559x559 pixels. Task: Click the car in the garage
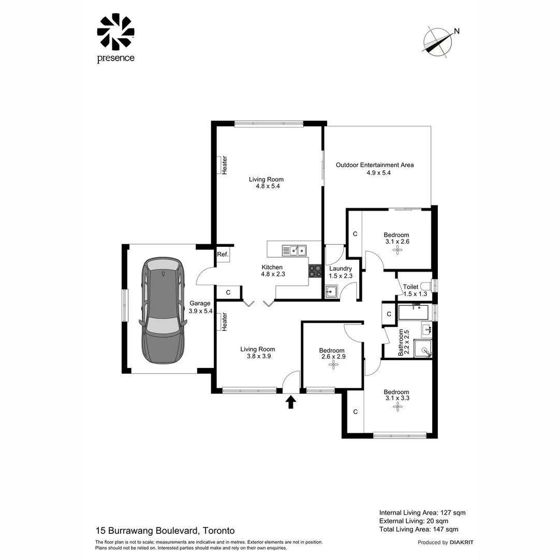pyautogui.click(x=163, y=311)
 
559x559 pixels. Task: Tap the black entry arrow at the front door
pyautogui.click(x=291, y=402)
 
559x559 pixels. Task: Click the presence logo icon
pyautogui.click(x=115, y=32)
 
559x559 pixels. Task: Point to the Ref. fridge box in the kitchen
pyautogui.click(x=223, y=254)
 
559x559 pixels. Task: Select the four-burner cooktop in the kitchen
pyautogui.click(x=315, y=271)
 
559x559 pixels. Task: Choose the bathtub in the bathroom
pyautogui.click(x=414, y=312)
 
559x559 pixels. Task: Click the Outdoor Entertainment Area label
pyautogui.click(x=375, y=165)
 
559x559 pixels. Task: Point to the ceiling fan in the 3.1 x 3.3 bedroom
pyautogui.click(x=397, y=407)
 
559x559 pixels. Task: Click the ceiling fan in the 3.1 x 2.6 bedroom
pyautogui.click(x=397, y=250)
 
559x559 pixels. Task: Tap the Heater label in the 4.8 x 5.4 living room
pyautogui.click(x=225, y=165)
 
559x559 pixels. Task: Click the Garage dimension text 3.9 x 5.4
pyautogui.click(x=200, y=311)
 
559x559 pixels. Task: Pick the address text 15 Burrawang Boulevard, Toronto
pyautogui.click(x=165, y=531)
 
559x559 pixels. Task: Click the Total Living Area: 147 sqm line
pyautogui.click(x=418, y=529)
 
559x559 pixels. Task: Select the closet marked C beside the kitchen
pyautogui.click(x=228, y=293)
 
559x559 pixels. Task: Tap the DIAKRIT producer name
pyautogui.click(x=462, y=542)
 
